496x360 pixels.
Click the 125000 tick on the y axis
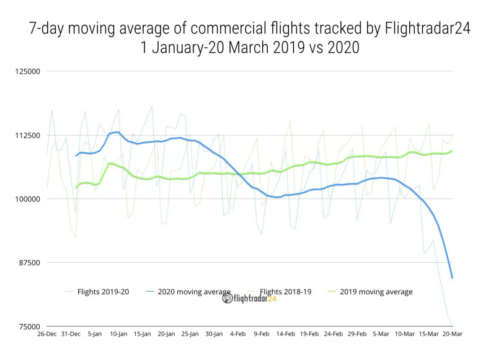[27, 72]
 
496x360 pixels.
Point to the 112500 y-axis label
[27, 136]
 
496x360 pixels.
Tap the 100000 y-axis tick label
[27, 199]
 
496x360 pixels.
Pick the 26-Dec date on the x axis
[48, 334]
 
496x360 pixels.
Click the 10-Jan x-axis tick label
[119, 334]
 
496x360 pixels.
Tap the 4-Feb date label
[238, 334]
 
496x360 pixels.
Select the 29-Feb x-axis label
[357, 334]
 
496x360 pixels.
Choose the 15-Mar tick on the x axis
[429, 334]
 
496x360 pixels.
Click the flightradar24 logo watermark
[249, 298]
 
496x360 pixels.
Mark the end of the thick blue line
[453, 278]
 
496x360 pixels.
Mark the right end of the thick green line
[453, 151]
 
